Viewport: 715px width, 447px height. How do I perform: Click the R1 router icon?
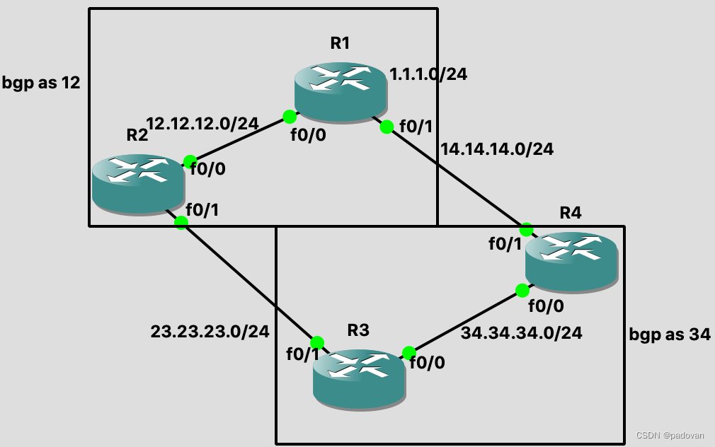341,90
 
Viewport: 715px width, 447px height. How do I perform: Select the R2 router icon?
138,183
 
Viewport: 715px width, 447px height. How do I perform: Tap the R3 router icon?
360,378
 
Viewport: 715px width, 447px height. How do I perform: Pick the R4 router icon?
571,261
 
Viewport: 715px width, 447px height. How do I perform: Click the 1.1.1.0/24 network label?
428,74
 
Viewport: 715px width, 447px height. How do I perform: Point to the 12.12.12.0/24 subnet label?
202,123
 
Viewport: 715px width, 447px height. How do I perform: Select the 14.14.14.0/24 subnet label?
497,149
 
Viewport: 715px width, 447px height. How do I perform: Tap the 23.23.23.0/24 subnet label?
210,331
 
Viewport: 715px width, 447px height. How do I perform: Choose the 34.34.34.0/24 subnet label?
521,332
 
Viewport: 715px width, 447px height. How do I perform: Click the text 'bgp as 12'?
42,83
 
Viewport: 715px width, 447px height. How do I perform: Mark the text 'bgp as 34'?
670,335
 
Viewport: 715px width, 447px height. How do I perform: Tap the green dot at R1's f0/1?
387,127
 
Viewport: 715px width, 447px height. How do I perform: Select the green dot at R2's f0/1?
181,223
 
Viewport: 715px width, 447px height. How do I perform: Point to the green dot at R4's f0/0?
522,290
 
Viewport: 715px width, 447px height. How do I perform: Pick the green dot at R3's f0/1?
316,343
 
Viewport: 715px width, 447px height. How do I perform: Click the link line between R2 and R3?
248,282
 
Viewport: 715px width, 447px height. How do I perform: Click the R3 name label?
359,330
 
